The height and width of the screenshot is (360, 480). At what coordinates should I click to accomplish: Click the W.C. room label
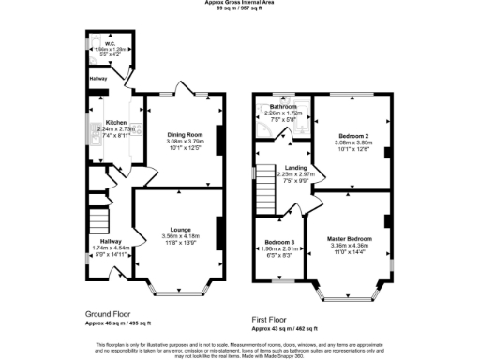tap(110, 42)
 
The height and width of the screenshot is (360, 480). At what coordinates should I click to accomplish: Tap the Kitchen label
tap(116, 123)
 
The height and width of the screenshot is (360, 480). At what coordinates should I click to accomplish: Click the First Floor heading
tap(271, 319)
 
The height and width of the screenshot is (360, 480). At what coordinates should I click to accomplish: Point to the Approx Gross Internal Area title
tap(239, 3)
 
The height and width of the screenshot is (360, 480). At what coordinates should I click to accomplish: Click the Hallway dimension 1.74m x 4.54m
tap(110, 247)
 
